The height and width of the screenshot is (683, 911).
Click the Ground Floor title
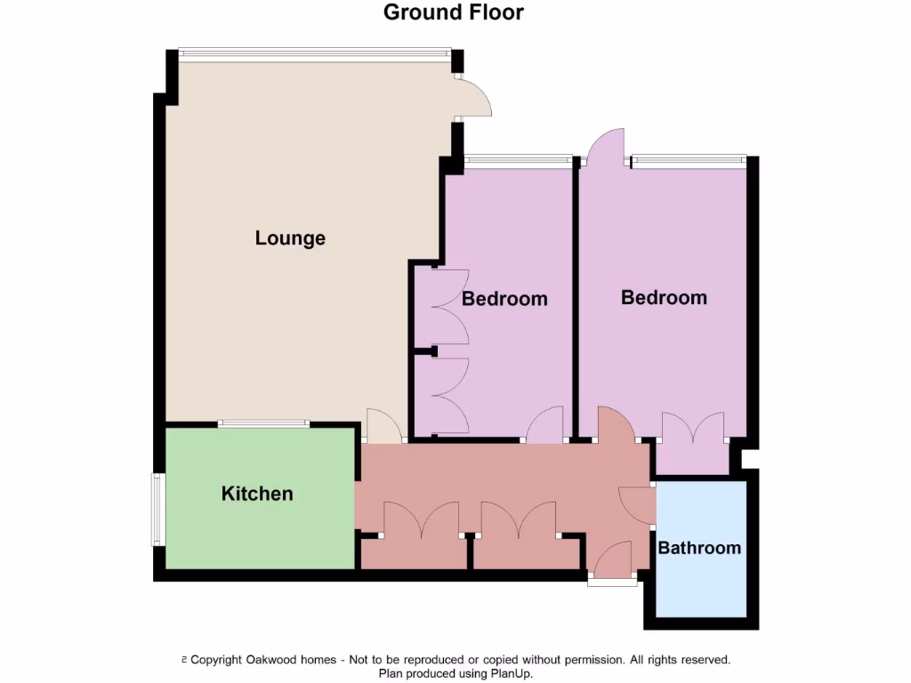[454, 12]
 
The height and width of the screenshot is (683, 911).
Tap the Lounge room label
[290, 238]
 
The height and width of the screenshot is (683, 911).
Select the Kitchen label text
[257, 494]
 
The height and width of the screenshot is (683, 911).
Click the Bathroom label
[699, 548]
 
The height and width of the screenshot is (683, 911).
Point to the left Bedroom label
[504, 299]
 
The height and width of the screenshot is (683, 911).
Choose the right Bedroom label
[664, 297]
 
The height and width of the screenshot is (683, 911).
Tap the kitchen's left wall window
[157, 509]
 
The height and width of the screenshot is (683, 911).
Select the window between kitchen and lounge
[264, 424]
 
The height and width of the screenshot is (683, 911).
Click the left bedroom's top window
[518, 161]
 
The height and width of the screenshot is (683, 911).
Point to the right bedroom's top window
[688, 161]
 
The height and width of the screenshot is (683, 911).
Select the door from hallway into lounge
[383, 426]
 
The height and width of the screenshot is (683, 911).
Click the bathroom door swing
[635, 505]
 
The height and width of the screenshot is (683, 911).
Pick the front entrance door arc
[613, 560]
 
